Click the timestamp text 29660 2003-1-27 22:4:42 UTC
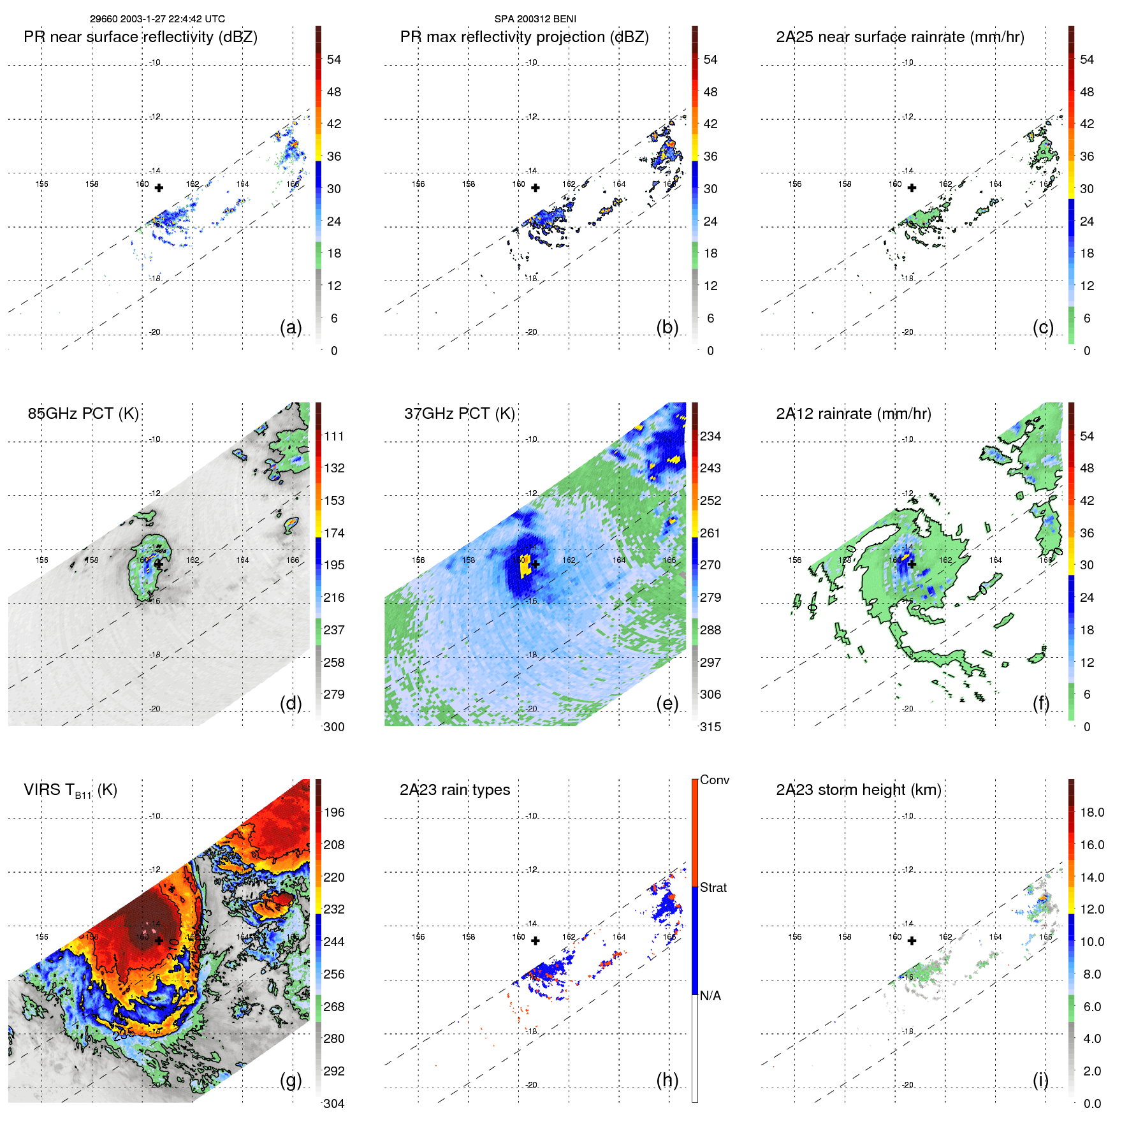157,19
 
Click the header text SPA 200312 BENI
535,19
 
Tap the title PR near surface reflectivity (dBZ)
140,37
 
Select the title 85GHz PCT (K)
83,413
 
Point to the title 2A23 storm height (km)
858,790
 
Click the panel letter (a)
291,327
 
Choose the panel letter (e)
667,703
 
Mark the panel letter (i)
1040,1080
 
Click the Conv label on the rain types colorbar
715,780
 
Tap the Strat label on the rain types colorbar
713,887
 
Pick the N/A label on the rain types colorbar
710,996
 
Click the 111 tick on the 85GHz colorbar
334,436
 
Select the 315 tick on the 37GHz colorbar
710,727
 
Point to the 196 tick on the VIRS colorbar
334,812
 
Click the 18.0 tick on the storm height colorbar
1092,812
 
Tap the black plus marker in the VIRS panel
159,940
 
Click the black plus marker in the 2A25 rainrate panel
912,187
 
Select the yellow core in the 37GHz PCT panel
525,565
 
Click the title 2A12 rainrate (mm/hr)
853,413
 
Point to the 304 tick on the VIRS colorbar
334,1104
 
